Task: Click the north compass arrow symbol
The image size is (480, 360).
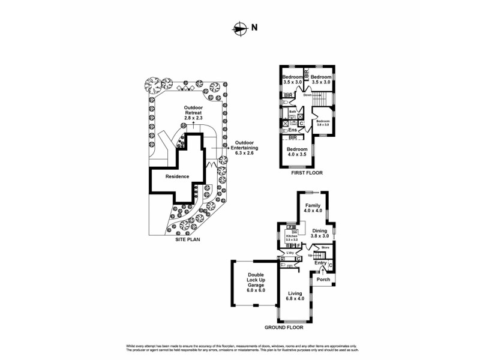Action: pos(240,27)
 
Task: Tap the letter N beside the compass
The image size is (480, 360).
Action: pos(254,27)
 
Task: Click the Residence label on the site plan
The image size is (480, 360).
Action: pos(178,176)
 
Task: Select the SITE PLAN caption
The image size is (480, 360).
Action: pos(188,239)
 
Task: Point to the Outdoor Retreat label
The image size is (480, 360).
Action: pos(193,112)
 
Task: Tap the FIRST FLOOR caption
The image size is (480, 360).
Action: pos(307,173)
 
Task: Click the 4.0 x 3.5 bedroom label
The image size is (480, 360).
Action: pos(296,152)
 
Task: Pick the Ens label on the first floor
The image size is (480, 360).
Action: pos(293,130)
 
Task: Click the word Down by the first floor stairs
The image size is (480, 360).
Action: pos(307,95)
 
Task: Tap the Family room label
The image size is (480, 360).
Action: pos(313,208)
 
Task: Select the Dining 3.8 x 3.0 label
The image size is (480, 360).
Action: pos(319,233)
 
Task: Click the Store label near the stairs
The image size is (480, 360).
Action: pos(326,247)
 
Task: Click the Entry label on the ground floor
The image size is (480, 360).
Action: pos(320,263)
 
